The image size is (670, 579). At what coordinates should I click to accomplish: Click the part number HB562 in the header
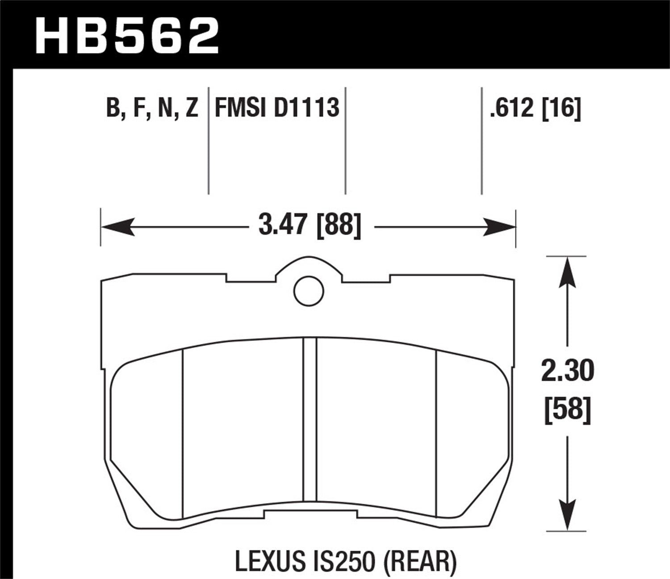[127, 35]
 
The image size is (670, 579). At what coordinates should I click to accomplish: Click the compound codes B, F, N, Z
[152, 108]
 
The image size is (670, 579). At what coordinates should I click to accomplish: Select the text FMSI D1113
[277, 108]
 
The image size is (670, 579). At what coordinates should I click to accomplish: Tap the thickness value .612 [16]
[535, 108]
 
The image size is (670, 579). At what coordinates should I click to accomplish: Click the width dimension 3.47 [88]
[309, 225]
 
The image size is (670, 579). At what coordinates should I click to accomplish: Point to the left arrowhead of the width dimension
[118, 227]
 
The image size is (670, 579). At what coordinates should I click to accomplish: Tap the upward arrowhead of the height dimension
[567, 272]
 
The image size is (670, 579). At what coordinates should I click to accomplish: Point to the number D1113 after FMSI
[306, 108]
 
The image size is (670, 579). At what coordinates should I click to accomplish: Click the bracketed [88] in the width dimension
[338, 225]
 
